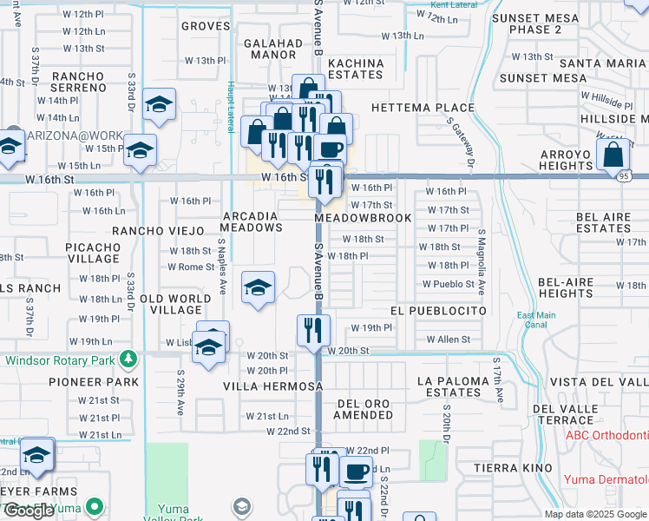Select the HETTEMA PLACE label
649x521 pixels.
point(423,108)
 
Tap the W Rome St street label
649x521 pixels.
point(190,267)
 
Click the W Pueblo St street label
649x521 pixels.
point(449,284)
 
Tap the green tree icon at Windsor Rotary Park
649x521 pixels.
point(128,358)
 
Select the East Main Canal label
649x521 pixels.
point(536,320)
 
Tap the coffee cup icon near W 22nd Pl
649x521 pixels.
point(355,472)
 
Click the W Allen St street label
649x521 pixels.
point(448,340)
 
